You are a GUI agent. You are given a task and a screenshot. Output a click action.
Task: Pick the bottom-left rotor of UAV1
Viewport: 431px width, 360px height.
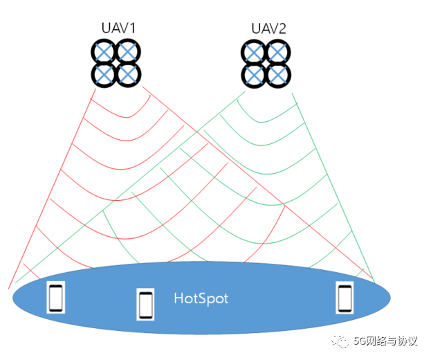pos(104,74)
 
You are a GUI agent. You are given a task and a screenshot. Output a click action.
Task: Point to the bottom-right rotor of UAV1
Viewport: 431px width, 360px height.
pos(129,74)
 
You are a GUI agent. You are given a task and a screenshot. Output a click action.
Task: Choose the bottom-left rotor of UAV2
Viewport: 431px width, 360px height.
pos(253,74)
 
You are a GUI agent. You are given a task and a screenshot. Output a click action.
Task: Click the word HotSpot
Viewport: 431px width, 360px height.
pos(201,299)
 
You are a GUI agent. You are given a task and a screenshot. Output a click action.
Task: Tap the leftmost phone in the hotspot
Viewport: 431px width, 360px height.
pos(55,298)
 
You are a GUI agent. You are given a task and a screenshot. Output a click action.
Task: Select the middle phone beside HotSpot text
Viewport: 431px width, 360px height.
pos(145,304)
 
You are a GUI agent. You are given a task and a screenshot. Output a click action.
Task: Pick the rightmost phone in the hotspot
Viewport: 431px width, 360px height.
pos(344,297)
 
